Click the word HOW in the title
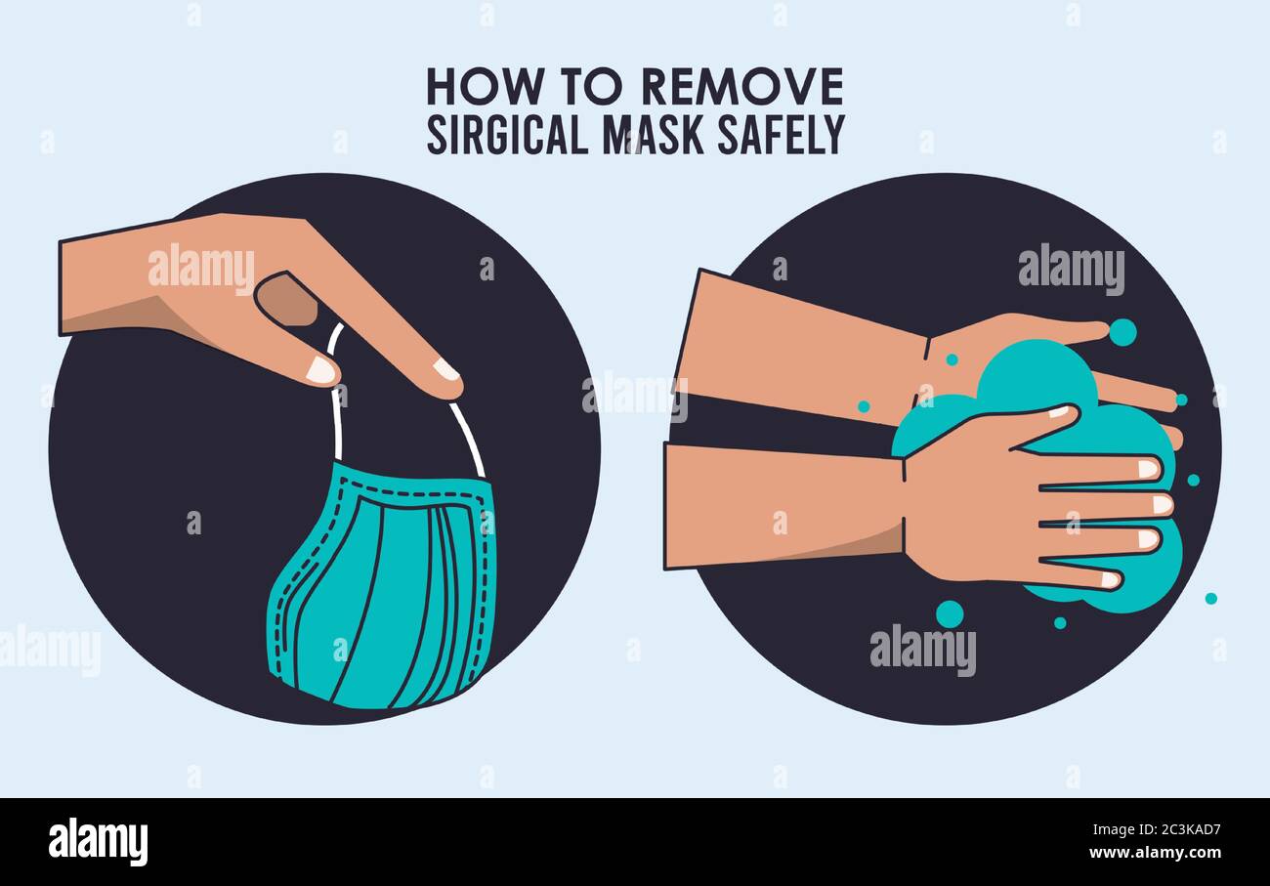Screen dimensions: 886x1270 pyautogui.click(x=471, y=88)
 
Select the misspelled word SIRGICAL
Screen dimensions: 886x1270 pyautogui.click(x=507, y=136)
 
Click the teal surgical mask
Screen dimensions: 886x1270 pyautogui.click(x=381, y=596)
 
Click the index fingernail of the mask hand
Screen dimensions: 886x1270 pyautogui.click(x=445, y=370)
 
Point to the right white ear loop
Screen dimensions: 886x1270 pyautogui.click(x=467, y=439)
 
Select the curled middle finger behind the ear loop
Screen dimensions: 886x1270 pyautogui.click(x=286, y=298)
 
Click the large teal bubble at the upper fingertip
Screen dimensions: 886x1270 pyautogui.click(x=1122, y=332)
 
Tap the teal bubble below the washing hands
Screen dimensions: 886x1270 pyautogui.click(x=949, y=613)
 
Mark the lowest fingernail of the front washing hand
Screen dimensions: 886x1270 pyautogui.click(x=1109, y=580)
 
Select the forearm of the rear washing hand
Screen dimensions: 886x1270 pyautogui.click(x=801, y=347)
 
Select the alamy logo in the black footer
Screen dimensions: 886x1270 pyautogui.click(x=99, y=842)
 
